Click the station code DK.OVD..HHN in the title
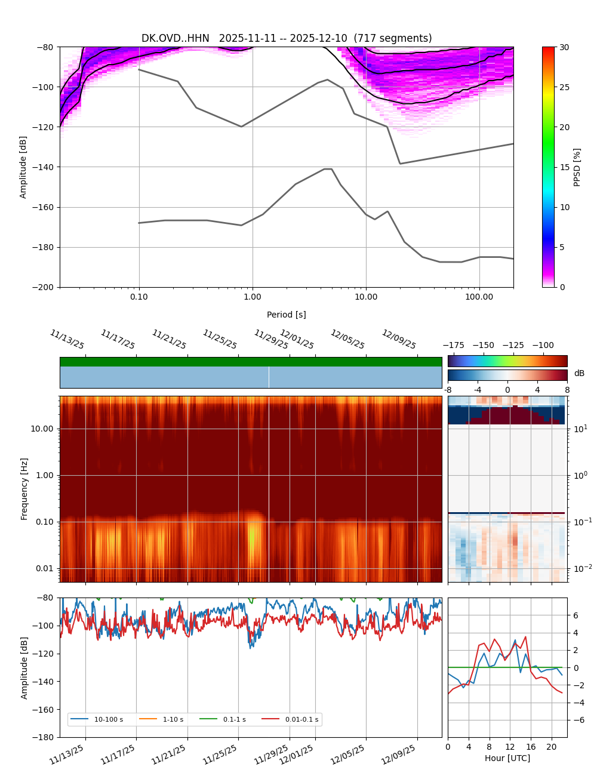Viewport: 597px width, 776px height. [x=176, y=38]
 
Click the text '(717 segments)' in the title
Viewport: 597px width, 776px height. [x=393, y=38]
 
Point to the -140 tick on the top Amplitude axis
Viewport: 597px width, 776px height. [x=44, y=167]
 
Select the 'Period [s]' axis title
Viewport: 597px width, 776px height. [x=287, y=315]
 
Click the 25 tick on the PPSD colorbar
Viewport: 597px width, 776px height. [x=564, y=87]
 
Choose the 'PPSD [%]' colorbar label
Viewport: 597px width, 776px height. [x=577, y=167]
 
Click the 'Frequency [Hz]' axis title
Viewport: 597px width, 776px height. [x=24, y=489]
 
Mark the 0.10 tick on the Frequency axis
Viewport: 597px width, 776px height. [x=45, y=522]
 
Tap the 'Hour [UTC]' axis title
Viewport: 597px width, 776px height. [x=507, y=758]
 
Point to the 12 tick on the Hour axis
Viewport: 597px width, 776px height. [x=510, y=747]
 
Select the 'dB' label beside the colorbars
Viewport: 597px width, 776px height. [x=579, y=373]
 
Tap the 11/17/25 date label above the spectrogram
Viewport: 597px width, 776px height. [x=118, y=340]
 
